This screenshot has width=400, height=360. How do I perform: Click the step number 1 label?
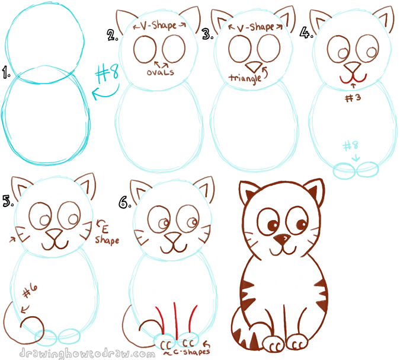(x=7, y=74)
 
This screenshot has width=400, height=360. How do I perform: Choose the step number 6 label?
(x=123, y=203)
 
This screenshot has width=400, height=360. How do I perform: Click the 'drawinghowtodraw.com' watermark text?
(x=83, y=353)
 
